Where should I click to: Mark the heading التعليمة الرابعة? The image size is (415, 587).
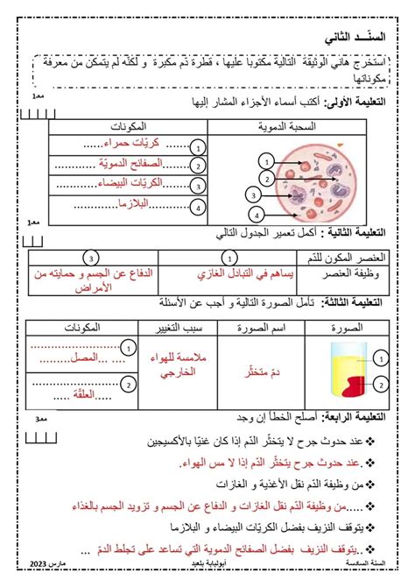pyautogui.click(x=368, y=418)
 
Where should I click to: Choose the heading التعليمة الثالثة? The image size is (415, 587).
pyautogui.click(x=369, y=303)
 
